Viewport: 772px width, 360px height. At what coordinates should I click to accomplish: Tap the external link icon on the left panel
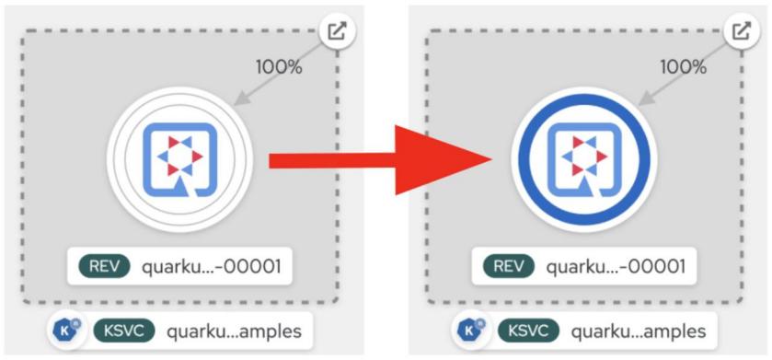337,30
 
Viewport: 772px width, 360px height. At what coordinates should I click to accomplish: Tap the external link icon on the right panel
740,30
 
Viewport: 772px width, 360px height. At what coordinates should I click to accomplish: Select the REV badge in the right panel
509,267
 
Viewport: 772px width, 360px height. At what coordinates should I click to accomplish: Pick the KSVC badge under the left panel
123,330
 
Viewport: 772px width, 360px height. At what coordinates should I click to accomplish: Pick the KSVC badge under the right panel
528,330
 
